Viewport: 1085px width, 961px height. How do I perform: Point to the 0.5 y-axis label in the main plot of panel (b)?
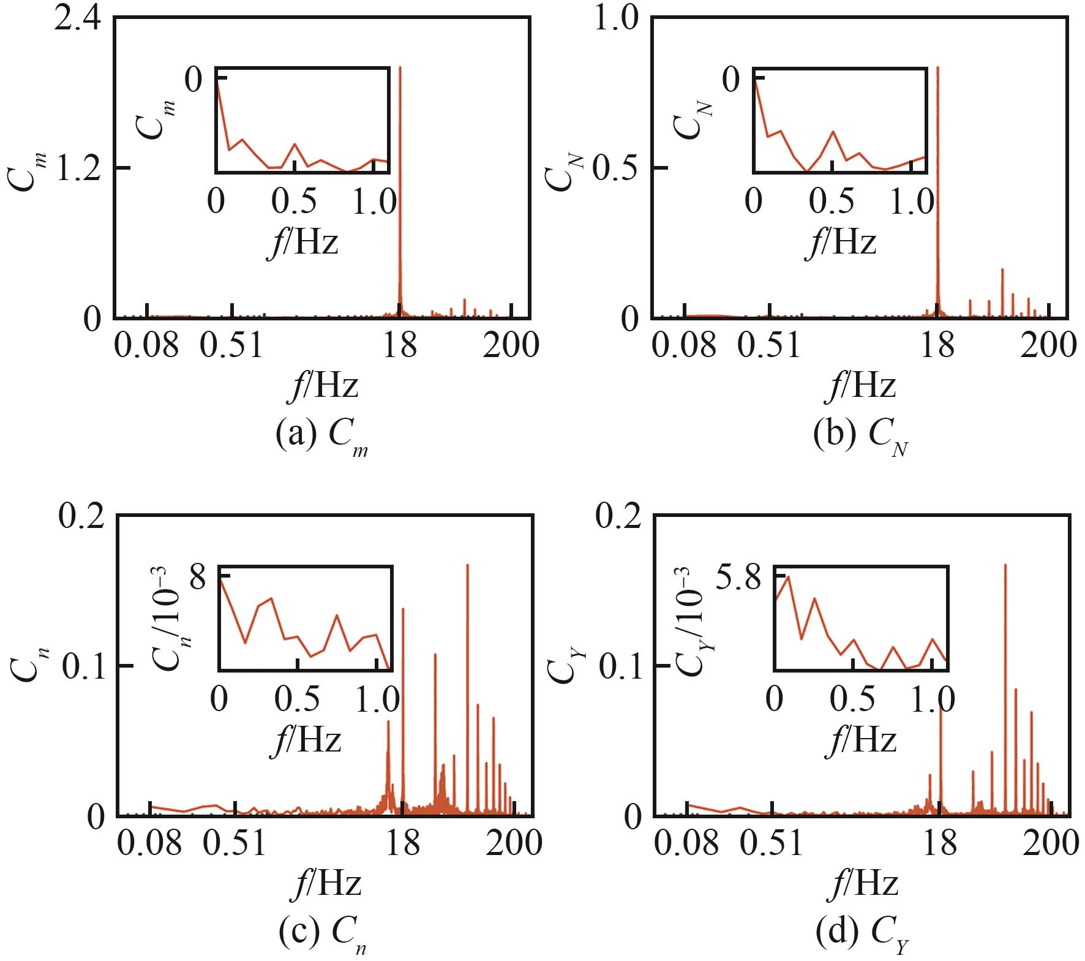(x=618, y=168)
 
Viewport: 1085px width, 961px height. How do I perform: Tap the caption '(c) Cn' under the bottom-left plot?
(x=324, y=935)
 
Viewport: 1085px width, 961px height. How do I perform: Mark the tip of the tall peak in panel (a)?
(x=400, y=67)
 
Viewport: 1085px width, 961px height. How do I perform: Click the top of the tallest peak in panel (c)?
(x=467, y=565)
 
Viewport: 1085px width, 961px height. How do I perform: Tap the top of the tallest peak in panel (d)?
(x=1005, y=565)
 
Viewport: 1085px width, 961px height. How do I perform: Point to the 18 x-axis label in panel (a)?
(x=399, y=346)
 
